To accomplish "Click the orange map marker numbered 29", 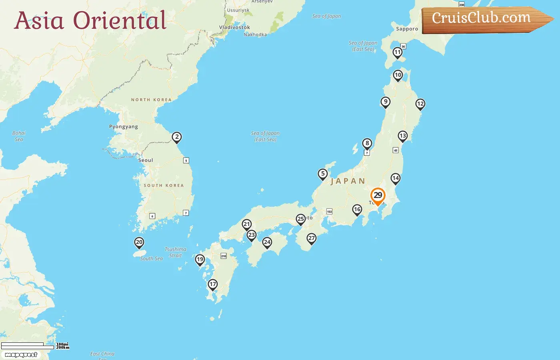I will coord(378,196).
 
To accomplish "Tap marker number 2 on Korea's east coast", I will coord(177,137).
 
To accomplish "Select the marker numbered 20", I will coord(139,242).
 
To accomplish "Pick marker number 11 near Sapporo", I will coord(397,52).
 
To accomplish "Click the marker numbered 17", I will coord(212,284).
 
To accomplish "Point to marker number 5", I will coord(323,174).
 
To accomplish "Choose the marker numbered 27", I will coord(312,238).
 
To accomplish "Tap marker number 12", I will coord(420,104).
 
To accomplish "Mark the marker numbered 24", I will coord(267,242).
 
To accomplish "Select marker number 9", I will coord(385,102).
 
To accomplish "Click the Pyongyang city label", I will coord(124,127).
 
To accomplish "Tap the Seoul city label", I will coord(146,160).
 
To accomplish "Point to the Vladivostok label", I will coord(235,27).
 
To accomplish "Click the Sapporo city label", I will coord(407,29).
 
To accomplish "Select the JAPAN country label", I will coord(348,181).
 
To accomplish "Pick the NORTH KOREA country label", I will coord(151,100).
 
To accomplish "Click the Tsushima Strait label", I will coord(175,252).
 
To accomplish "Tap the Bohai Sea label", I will coord(19,136).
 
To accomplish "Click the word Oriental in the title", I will coord(120,20).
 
